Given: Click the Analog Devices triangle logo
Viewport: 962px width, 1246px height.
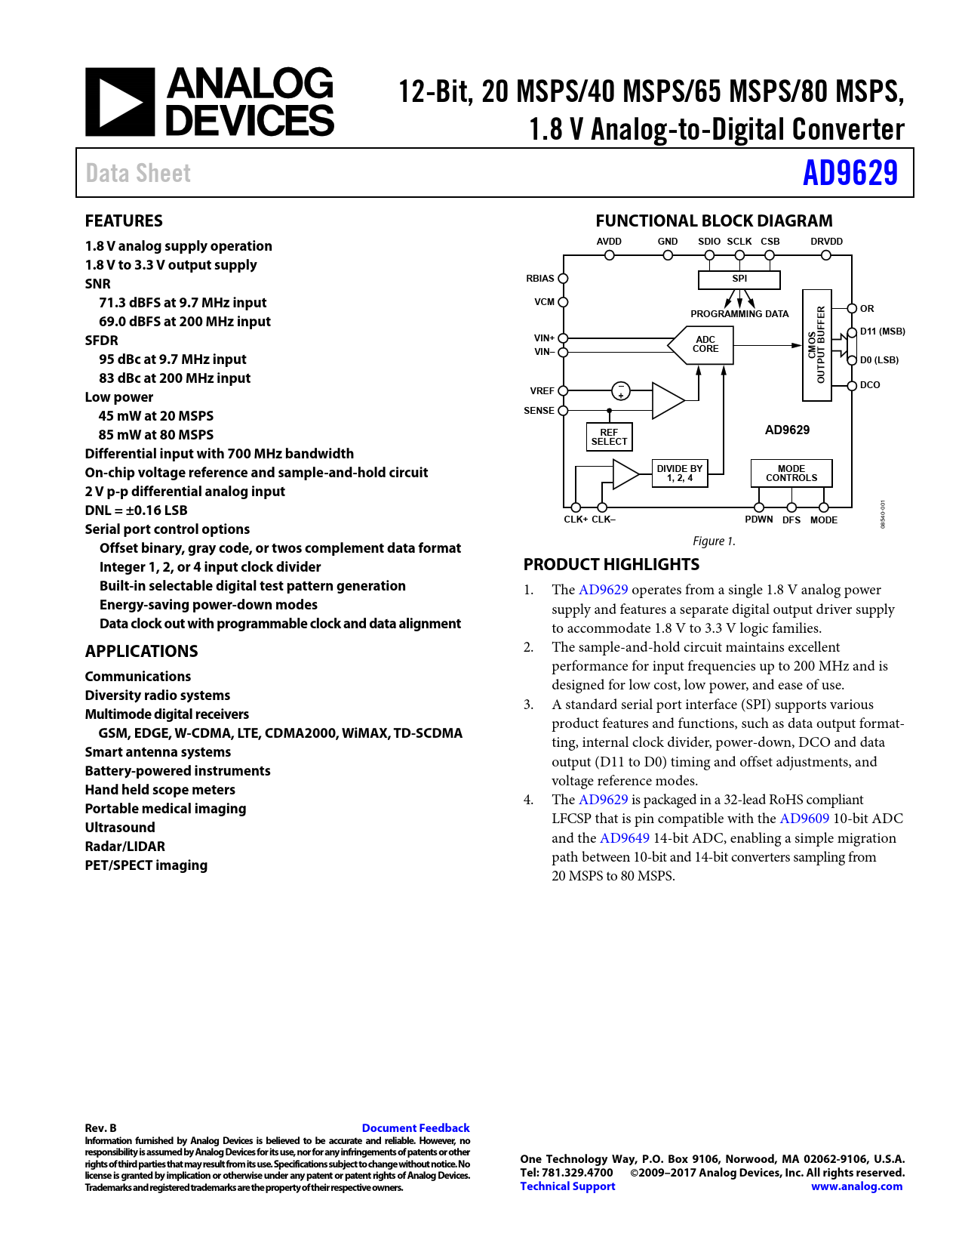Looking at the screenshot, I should coord(120,102).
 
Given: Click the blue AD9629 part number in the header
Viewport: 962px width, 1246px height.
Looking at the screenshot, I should coord(850,173).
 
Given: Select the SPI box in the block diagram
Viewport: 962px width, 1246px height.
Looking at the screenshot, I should coord(739,279).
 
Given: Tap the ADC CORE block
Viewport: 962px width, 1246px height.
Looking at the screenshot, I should coord(705,344).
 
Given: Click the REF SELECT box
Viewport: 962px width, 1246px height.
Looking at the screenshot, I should coord(609,437).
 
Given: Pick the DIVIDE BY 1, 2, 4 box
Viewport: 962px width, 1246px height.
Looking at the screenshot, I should coord(679,473).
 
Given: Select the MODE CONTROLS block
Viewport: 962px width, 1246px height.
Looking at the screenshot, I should coord(791,473).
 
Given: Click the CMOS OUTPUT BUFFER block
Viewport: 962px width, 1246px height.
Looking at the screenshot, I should coord(816,345).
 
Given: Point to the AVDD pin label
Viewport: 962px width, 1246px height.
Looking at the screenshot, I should coord(609,242).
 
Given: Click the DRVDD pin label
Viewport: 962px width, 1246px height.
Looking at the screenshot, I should coord(826,242).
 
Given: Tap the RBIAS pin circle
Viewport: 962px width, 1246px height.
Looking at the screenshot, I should coord(563,279).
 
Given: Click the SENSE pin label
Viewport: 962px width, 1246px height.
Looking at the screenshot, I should coord(539,411).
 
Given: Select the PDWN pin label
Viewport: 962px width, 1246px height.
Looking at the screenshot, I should coord(758,520).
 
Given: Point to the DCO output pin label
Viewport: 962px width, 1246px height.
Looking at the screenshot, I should coord(870,385).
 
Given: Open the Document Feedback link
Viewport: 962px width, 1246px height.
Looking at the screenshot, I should coord(415,1128).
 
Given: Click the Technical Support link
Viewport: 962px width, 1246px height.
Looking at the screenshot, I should coord(567,1186).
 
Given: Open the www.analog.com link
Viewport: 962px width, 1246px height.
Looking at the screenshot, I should coord(856,1186).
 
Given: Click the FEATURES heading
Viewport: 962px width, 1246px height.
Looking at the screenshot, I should coord(124,221).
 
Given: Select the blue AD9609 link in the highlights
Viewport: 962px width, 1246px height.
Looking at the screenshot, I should coord(804,819).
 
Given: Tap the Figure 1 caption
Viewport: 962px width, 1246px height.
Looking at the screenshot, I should coord(714,541).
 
